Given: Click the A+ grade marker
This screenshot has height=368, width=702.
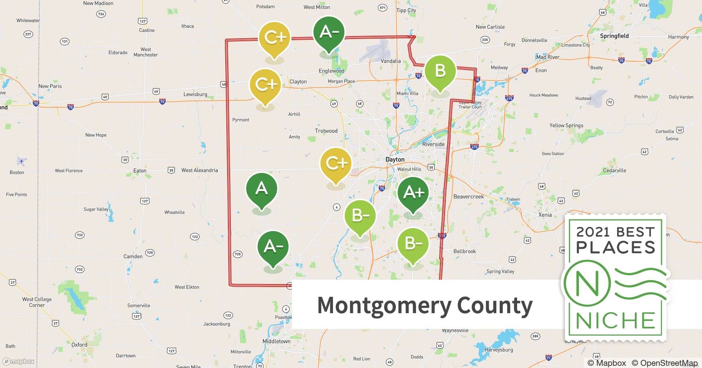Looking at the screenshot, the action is [413, 193].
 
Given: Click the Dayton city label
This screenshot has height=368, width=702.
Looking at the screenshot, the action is [395, 159].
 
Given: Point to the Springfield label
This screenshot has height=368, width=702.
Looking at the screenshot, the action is [614, 36].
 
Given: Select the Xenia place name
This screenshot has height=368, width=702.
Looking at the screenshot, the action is [545, 215].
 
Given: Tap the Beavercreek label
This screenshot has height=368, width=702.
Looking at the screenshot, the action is [468, 197].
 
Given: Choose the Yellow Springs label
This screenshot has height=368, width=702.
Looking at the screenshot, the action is [566, 125].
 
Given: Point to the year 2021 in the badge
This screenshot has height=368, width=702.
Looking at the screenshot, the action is [594, 232].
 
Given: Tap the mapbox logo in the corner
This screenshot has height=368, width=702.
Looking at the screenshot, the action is [18, 361].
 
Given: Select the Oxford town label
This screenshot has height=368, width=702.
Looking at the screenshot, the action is [79, 345].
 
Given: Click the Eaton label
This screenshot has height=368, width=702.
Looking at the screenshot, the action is [140, 171].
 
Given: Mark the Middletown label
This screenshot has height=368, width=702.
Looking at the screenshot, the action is [276, 341].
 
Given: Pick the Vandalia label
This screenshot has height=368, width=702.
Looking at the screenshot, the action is [391, 61].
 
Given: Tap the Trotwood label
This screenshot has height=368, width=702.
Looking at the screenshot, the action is [326, 131].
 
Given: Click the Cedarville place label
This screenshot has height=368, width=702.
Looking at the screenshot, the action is [615, 170].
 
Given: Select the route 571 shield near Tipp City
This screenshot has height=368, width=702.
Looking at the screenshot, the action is [383, 8].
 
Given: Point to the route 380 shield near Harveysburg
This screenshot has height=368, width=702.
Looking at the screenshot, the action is [536, 336].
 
